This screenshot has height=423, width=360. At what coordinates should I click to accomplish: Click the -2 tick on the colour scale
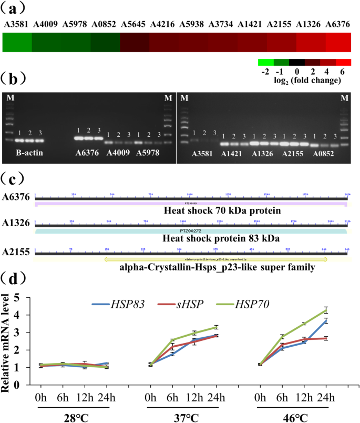coord(265,72)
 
